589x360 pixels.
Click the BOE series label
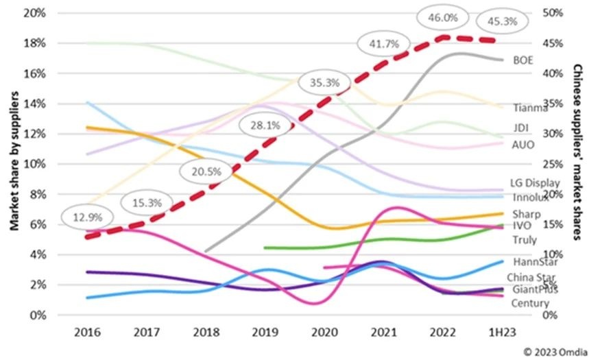(523, 60)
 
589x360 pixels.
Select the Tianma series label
(530, 108)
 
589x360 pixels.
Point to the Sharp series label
(525, 215)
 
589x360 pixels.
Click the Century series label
(530, 303)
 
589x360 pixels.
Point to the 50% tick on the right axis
(551, 13)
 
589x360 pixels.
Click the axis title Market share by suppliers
(13, 165)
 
